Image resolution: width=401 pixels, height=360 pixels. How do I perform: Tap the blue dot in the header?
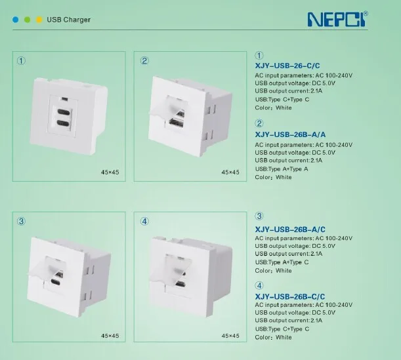tap(14, 20)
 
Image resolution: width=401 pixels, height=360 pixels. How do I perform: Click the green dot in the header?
tap(27, 20)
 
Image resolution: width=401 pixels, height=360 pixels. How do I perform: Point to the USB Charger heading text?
tap(68, 20)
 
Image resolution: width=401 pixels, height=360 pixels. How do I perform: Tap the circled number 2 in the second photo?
tap(144, 61)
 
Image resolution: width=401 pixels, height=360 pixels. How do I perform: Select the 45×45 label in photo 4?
tap(231, 336)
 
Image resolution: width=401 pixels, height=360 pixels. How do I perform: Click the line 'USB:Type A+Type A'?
tap(281, 169)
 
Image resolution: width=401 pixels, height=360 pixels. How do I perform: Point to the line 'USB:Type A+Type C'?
tap(281, 262)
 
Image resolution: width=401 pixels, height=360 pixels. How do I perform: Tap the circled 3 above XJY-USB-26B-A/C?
tap(259, 216)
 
